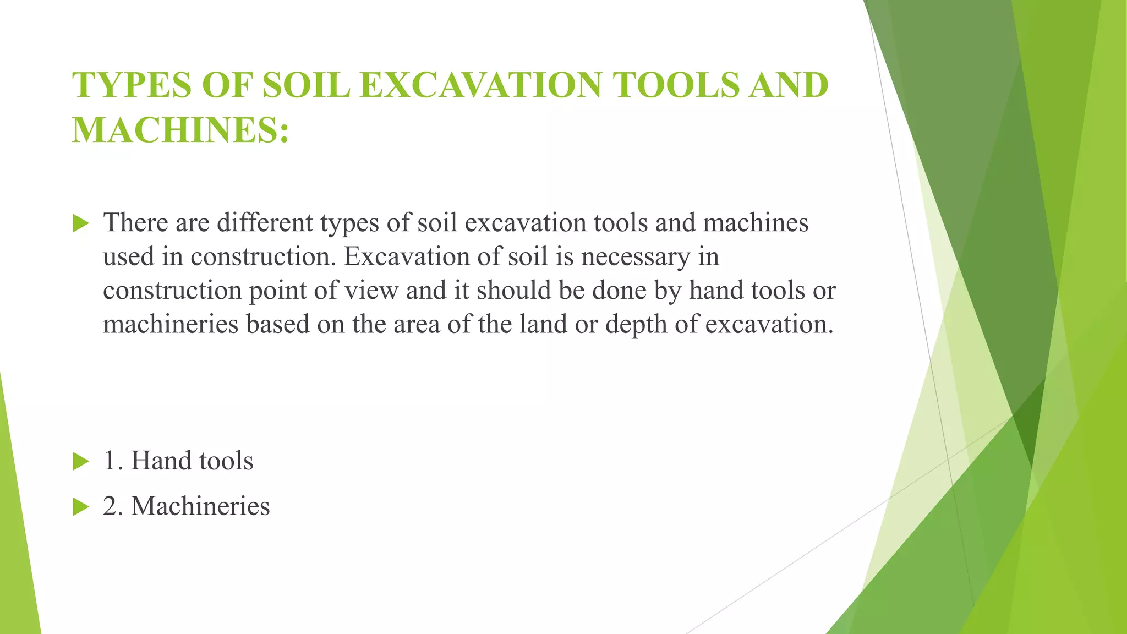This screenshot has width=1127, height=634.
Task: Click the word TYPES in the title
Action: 132,85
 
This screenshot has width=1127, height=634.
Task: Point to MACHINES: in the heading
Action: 180,130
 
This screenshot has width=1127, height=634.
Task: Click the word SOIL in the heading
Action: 306,85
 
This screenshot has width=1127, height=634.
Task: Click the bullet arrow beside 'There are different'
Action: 80,223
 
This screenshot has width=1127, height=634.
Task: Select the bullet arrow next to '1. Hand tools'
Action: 80,462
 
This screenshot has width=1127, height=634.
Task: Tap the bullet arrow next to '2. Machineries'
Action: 80,507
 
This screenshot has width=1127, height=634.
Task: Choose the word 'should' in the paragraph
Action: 513,290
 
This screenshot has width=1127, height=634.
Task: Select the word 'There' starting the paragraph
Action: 135,222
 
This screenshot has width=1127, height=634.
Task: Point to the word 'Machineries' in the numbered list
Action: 200,506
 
